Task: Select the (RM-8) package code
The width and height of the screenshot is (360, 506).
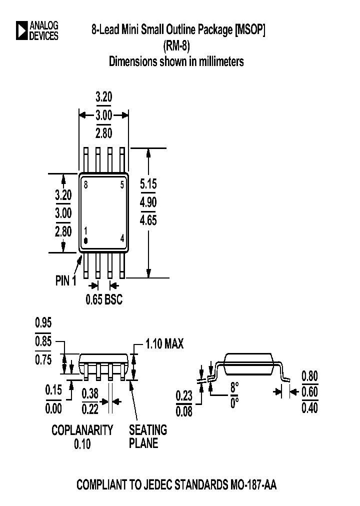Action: (176, 46)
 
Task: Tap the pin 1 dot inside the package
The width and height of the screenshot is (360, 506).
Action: (85, 241)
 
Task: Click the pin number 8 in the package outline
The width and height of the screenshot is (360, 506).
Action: (86, 185)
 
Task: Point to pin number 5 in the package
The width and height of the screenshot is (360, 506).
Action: (122, 185)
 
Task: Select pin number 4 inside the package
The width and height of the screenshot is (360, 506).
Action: (122, 238)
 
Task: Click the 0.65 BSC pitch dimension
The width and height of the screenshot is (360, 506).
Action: (103, 300)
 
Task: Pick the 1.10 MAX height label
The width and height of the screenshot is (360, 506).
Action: (164, 344)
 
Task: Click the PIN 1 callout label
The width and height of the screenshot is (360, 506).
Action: (65, 281)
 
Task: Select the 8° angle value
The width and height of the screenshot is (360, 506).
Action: (234, 387)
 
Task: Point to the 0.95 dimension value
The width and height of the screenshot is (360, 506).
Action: (43, 322)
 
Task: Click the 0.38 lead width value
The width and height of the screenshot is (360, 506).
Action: (90, 394)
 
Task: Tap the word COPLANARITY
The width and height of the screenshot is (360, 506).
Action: (82, 429)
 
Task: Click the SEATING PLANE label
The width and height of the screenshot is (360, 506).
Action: (148, 436)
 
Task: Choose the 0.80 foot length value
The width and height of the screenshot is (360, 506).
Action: (310, 376)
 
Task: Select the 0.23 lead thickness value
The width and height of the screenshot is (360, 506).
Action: (184, 396)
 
